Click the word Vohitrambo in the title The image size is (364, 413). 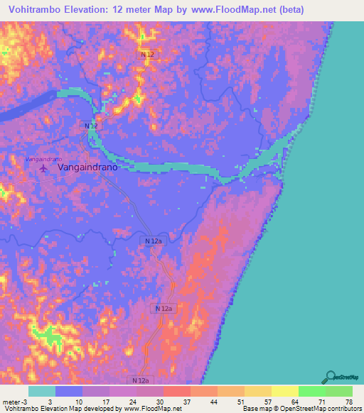click(x=35, y=10)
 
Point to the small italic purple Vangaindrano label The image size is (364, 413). click(x=44, y=158)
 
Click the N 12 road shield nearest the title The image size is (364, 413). click(x=147, y=55)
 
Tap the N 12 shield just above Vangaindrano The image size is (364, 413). click(x=91, y=126)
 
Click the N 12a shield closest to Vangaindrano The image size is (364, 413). click(x=154, y=242)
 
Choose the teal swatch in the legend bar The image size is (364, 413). click(x=42, y=391)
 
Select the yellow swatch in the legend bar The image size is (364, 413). click(x=285, y=391)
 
